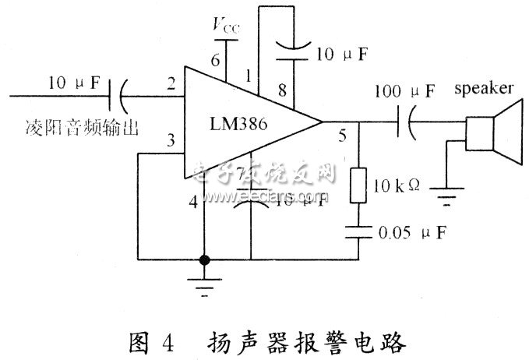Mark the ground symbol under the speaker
click(x=446, y=199)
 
